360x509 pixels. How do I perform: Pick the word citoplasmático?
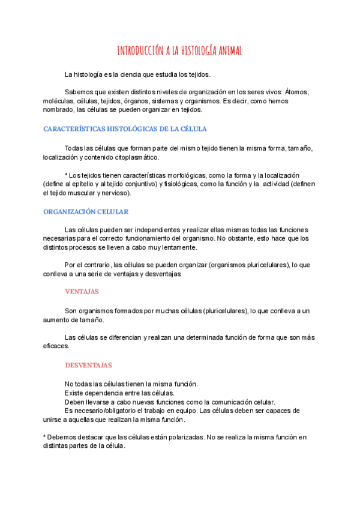point(134,157)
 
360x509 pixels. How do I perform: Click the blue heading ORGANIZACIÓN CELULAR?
point(86,212)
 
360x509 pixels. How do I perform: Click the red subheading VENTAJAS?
point(82,291)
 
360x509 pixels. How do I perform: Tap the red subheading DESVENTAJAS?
point(88,365)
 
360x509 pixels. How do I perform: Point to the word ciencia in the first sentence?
point(145,74)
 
